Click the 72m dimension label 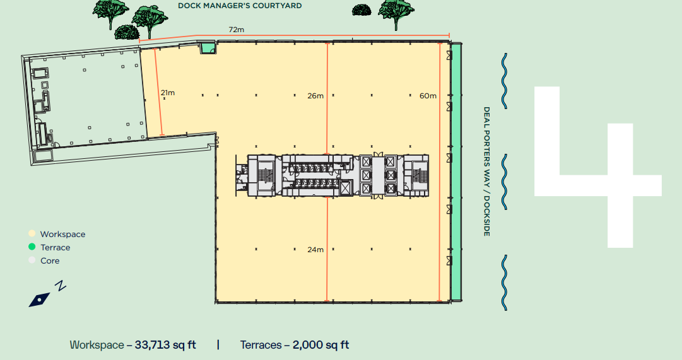(x=236, y=30)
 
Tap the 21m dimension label (x=167, y=93)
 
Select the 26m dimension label (x=315, y=96)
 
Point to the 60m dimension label (x=428, y=96)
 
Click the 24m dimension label (x=315, y=250)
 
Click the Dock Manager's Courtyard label (x=240, y=6)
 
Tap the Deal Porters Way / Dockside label (x=486, y=171)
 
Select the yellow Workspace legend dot (x=32, y=233)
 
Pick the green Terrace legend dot (x=32, y=247)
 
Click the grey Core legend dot (x=32, y=260)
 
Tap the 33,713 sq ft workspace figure (x=165, y=345)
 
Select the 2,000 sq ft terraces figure (x=320, y=345)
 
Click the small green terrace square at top (x=208, y=48)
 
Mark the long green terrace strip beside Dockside (x=456, y=171)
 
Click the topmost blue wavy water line (x=504, y=81)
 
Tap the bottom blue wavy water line (x=504, y=282)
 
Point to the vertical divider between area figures (x=218, y=345)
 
